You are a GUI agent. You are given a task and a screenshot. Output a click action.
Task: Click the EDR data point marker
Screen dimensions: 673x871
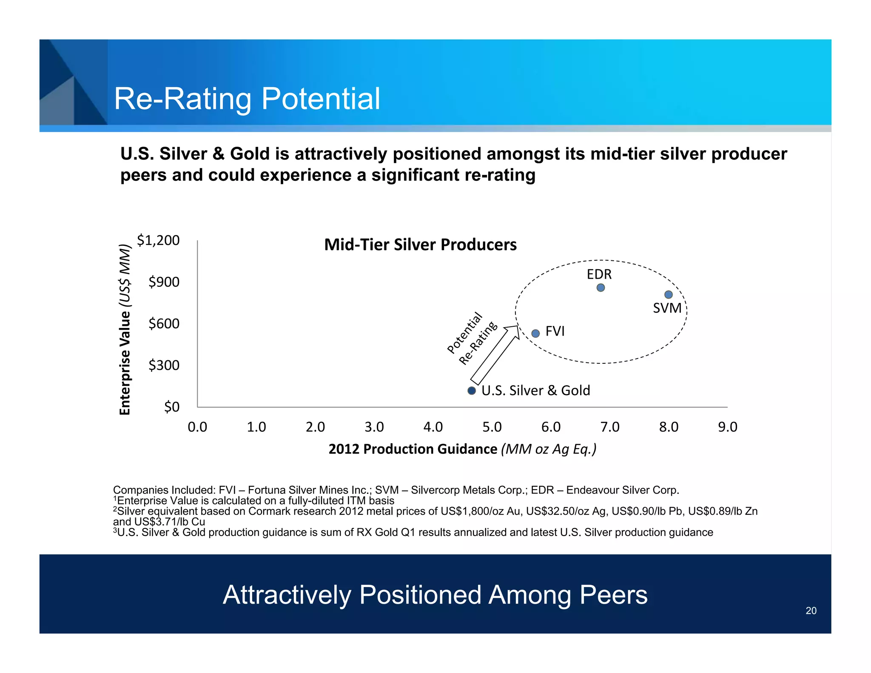[x=601, y=288]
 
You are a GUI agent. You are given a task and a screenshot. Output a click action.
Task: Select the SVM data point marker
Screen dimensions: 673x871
[x=668, y=294]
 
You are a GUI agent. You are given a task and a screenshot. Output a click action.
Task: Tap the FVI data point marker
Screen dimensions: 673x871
[x=536, y=333]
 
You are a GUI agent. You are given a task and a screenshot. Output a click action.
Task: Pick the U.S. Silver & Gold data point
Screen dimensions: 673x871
[x=472, y=391]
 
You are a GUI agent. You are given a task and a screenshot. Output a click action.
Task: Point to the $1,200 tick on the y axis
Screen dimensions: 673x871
[x=158, y=240]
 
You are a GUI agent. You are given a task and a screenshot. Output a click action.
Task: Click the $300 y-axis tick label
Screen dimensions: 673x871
[x=164, y=365]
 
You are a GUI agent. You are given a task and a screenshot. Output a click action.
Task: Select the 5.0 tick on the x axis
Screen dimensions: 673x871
[x=492, y=427]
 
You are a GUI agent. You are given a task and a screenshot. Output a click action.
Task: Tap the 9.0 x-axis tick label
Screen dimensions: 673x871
[x=727, y=427]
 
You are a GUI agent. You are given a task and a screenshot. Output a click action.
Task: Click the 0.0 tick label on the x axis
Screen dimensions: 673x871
[x=197, y=427]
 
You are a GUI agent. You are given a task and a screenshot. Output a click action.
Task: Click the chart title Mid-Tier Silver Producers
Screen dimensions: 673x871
[x=420, y=245]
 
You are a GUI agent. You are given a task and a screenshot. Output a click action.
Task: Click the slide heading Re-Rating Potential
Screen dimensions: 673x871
[x=247, y=99]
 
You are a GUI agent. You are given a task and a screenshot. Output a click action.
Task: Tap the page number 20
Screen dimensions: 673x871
[x=811, y=610]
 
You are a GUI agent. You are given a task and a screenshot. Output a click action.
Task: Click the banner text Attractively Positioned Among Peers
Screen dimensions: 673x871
[x=435, y=594]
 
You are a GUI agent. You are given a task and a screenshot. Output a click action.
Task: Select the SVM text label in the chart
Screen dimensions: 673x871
[x=667, y=308]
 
